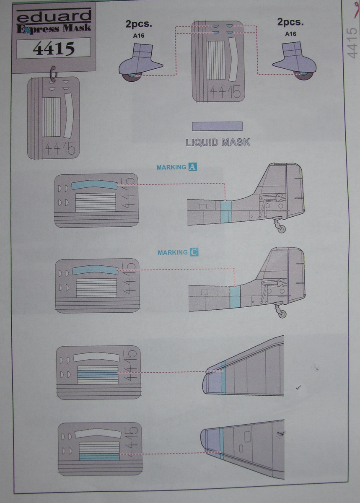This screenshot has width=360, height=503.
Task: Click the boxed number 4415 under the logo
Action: [x=54, y=49]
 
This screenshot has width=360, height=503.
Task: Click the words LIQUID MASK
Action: [x=218, y=142]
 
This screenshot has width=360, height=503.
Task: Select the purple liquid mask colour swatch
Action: [x=217, y=126]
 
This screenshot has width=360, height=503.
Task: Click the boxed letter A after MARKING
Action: [x=193, y=167]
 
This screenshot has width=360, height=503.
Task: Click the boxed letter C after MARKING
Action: [x=194, y=252]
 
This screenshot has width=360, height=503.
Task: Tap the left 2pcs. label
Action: [x=138, y=24]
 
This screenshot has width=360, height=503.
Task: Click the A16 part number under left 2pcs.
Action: [x=139, y=36]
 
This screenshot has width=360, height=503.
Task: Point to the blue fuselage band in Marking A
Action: [x=225, y=212]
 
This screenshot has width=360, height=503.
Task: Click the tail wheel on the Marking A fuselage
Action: [x=282, y=229]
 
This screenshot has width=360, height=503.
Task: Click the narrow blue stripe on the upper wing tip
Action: [x=223, y=377]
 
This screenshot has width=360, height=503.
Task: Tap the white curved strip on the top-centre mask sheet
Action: [x=233, y=57]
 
